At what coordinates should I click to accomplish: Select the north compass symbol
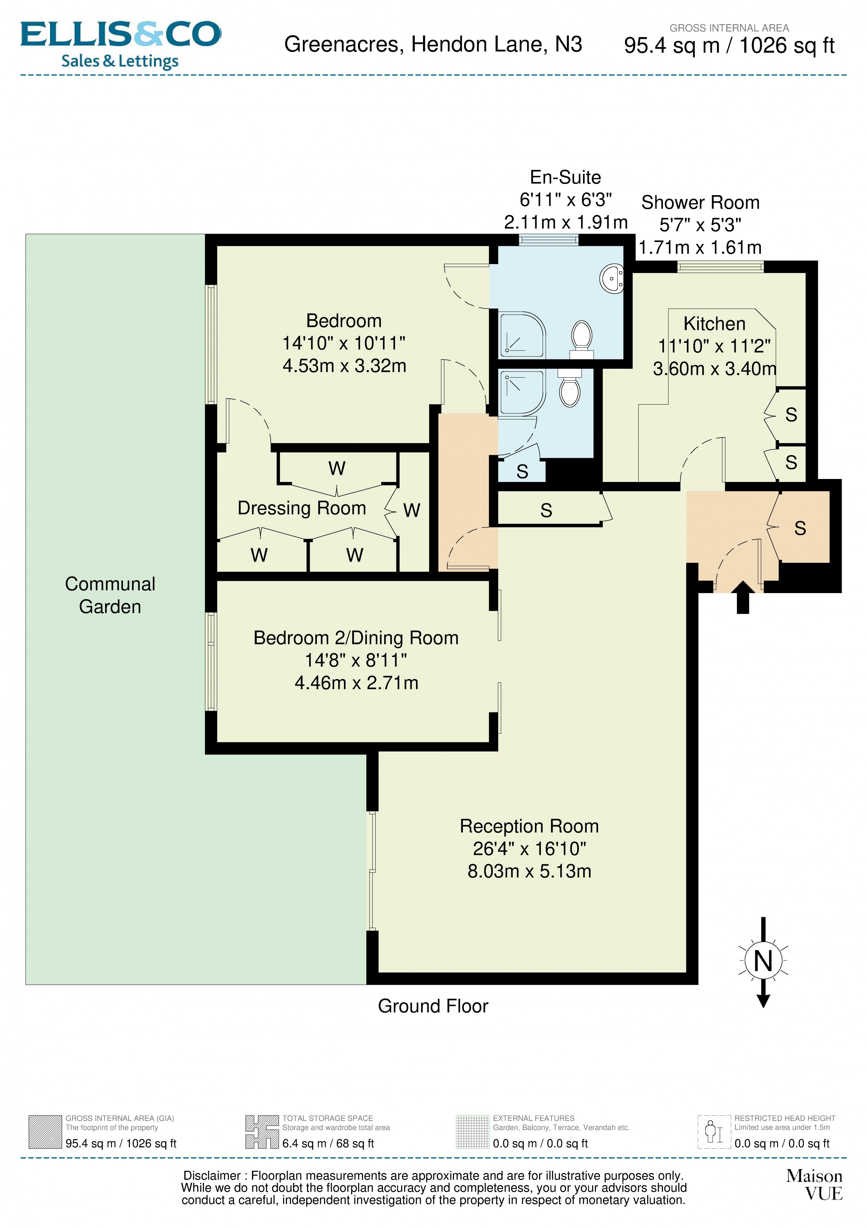pos(763,961)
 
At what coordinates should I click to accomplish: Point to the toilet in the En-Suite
pos(582,339)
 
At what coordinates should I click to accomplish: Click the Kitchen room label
pos(714,324)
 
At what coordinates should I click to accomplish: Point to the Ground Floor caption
pos(433,1006)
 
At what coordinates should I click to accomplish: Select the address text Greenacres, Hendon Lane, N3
pos(433,44)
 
